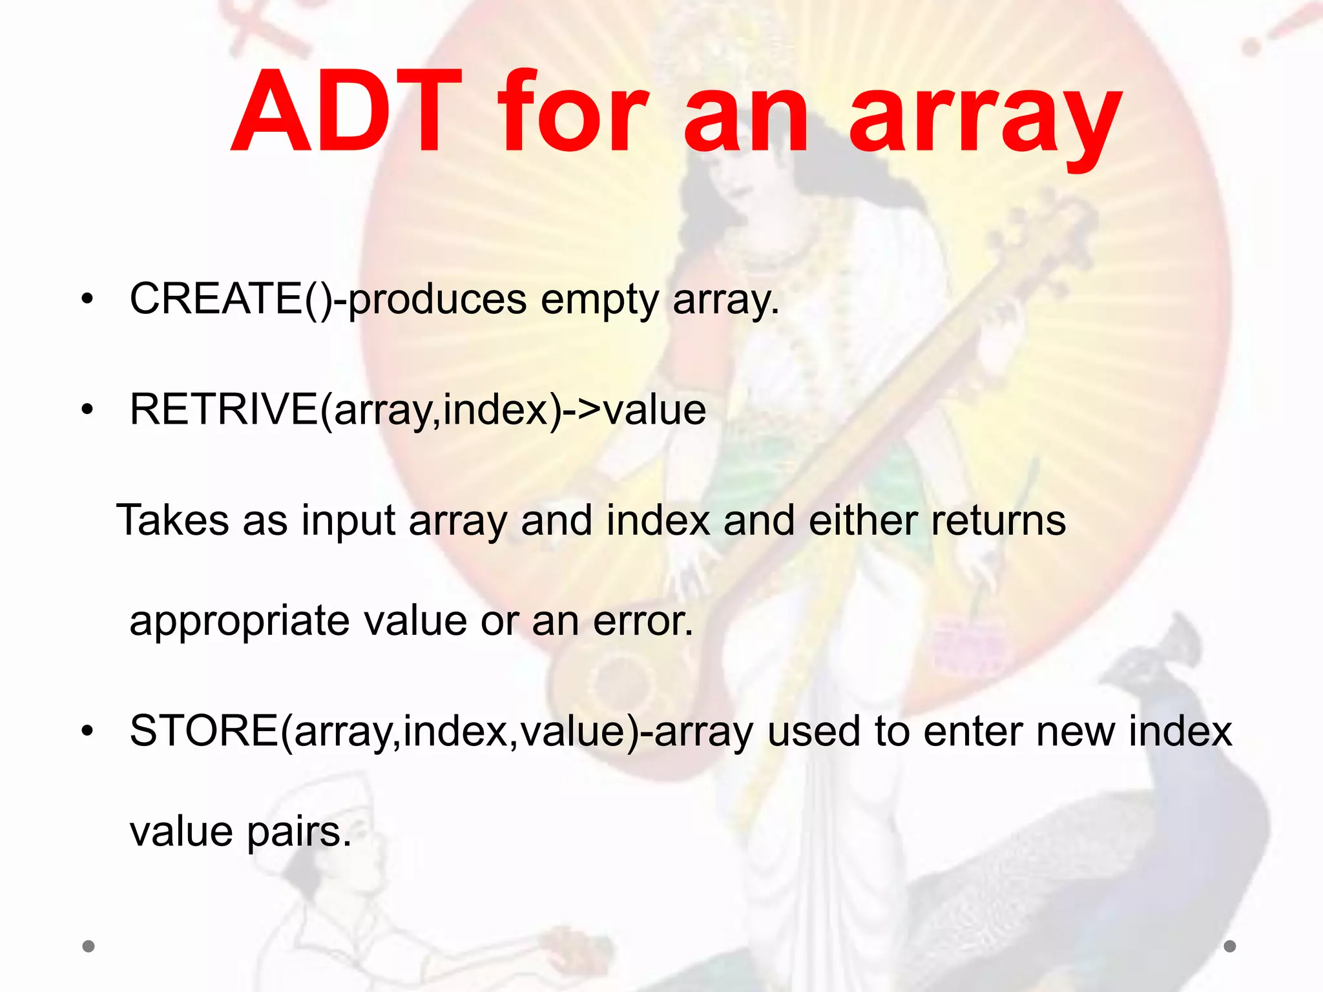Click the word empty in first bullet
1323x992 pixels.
[599, 301]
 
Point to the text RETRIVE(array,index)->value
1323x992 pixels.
[417, 409]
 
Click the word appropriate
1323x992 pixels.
[239, 621]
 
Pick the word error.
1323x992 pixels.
[643, 621]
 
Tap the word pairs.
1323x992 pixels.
[299, 832]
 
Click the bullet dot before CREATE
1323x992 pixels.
[88, 300]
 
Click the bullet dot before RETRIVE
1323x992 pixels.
[88, 409]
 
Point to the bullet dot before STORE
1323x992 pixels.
[88, 732]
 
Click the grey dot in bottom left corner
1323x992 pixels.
[89, 946]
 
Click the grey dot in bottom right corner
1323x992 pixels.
[1230, 946]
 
